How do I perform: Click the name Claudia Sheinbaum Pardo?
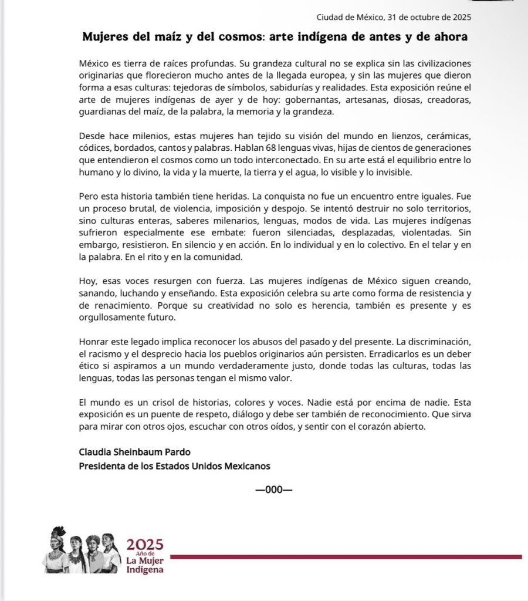pos(126,452)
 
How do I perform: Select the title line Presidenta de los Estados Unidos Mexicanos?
pos(174,466)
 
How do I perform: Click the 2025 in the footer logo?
pos(145,545)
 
